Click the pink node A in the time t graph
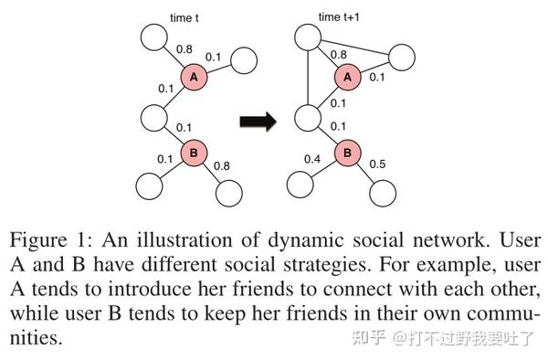(x=195, y=79)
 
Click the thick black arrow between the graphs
(x=258, y=122)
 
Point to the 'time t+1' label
(x=340, y=16)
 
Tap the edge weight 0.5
(x=378, y=164)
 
